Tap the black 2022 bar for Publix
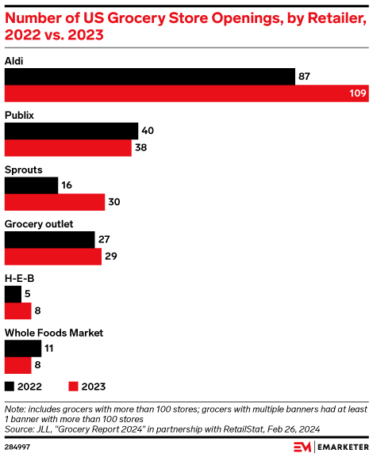[71, 131]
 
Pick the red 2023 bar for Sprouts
[55, 202]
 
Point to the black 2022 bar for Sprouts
[32, 185]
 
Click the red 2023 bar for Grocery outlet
[53, 256]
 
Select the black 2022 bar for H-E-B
[13, 294]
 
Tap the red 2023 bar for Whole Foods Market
[18, 364]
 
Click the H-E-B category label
[19, 278]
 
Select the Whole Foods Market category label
[54, 333]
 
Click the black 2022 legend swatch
[10, 387]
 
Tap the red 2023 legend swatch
[74, 387]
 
